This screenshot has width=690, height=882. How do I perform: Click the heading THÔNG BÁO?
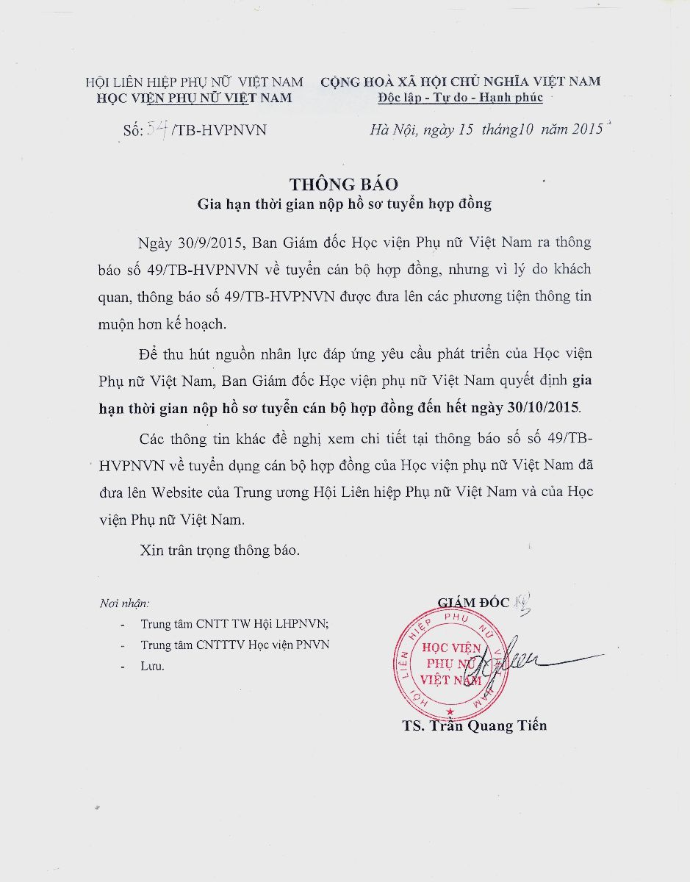[344, 184]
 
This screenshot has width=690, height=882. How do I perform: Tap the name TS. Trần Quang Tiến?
[474, 725]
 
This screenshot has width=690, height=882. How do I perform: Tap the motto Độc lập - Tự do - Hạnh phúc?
[460, 98]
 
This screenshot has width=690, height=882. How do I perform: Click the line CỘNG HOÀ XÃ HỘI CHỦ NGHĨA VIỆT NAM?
[460, 82]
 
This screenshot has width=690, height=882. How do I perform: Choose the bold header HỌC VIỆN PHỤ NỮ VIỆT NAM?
[194, 98]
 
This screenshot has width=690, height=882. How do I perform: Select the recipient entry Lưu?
[152, 666]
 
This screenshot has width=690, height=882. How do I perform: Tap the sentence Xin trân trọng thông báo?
[220, 551]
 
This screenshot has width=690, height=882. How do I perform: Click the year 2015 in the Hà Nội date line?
[586, 129]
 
